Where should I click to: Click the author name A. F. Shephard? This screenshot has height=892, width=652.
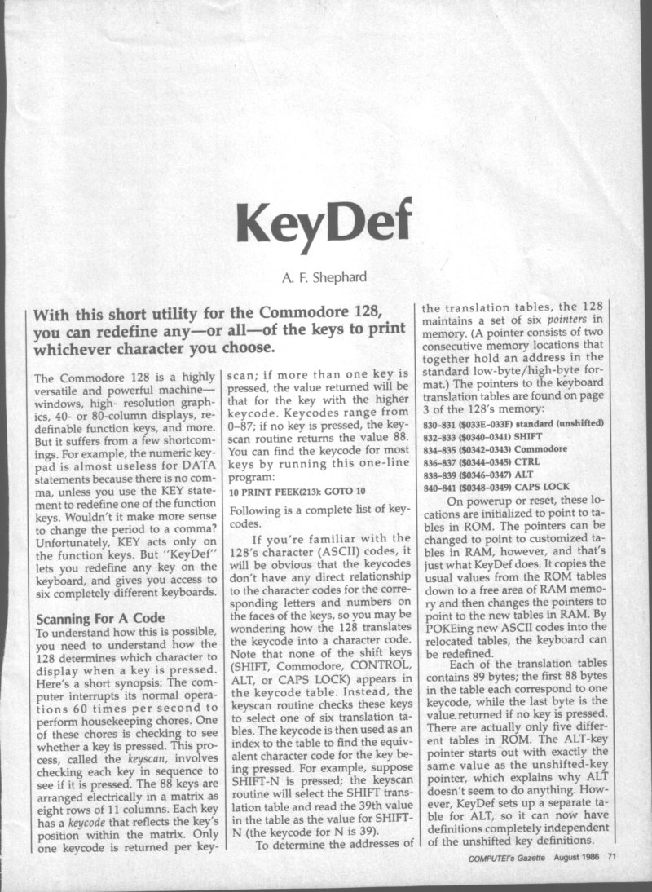[325, 276]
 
